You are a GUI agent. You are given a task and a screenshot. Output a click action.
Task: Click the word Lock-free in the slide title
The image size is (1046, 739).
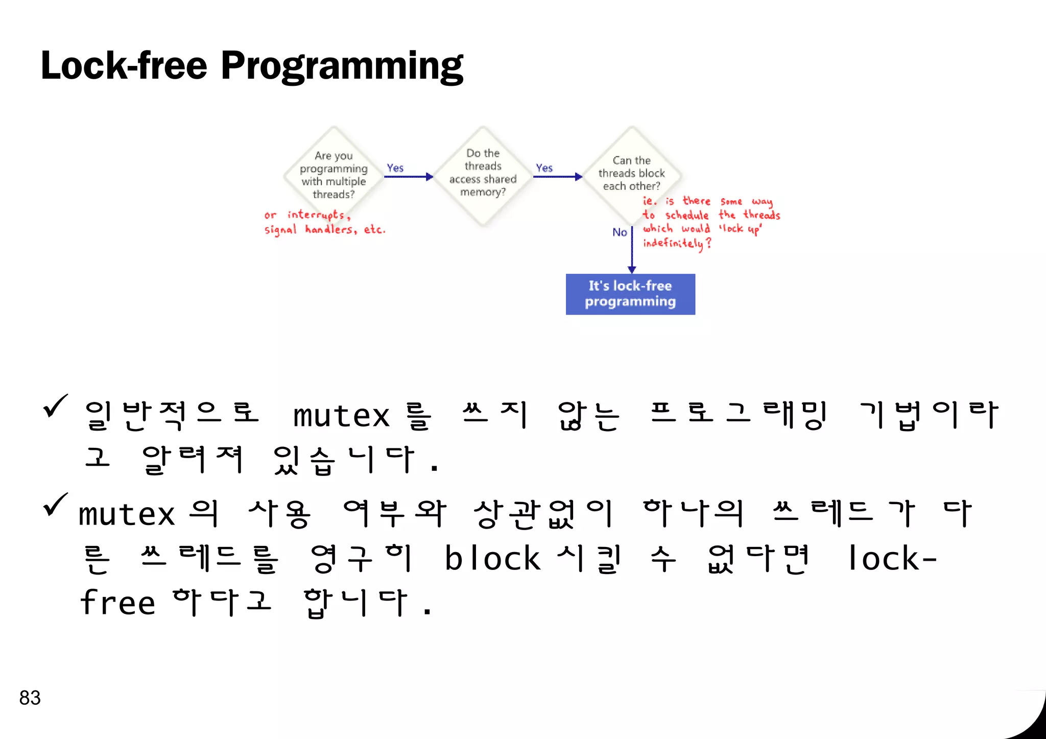(124, 66)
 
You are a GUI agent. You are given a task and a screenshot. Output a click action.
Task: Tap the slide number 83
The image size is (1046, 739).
(30, 698)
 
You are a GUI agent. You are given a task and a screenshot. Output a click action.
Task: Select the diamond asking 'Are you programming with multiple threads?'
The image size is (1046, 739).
(334, 175)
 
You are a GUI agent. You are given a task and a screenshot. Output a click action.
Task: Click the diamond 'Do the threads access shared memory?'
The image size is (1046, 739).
(483, 174)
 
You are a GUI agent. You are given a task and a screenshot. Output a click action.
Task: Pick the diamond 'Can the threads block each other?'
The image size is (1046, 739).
(631, 174)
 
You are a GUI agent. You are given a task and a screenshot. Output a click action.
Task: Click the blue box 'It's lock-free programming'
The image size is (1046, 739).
(630, 294)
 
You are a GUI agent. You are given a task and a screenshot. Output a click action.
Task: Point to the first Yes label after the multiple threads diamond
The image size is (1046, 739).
(395, 168)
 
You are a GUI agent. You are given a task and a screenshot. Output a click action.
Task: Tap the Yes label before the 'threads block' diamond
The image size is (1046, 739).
(544, 168)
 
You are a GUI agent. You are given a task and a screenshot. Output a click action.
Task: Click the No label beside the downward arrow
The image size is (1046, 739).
(619, 232)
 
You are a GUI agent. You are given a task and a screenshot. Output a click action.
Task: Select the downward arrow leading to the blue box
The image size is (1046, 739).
(632, 250)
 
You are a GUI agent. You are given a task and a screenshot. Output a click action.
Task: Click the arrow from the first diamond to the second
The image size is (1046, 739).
(408, 177)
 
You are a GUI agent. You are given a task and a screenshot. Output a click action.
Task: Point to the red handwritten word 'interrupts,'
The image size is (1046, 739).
(318, 215)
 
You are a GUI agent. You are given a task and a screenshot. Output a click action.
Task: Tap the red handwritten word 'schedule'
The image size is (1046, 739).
(687, 215)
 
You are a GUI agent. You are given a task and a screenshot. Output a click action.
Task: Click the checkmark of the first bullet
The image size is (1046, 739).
(55, 406)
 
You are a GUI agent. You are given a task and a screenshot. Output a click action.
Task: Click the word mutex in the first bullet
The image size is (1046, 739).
(341, 416)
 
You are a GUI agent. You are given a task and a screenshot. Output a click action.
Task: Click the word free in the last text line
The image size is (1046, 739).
(117, 603)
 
